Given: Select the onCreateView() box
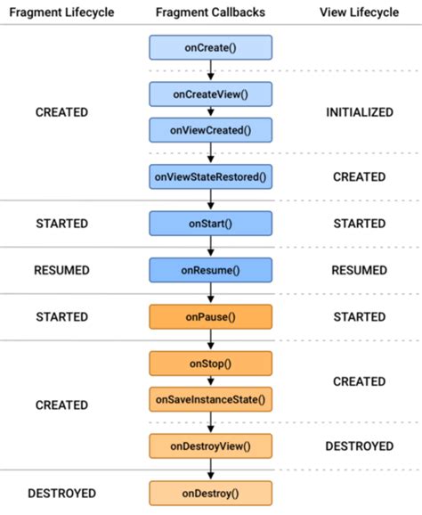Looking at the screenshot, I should coord(211,94).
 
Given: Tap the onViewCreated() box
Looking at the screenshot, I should coord(211,130).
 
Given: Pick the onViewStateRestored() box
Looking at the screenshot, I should coord(211,176).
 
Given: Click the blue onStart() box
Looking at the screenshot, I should coord(211,224).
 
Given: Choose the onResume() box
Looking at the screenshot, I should coord(211,270).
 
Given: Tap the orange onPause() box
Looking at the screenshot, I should coord(211,316).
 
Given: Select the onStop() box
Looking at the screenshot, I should coord(211,364).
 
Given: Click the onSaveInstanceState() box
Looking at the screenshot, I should coord(211,399).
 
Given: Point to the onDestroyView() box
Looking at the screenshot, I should coord(211,446).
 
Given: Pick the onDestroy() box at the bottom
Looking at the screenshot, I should coord(211,492).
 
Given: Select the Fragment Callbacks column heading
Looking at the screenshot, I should coord(211,12).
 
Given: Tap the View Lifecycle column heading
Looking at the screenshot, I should coord(359,12).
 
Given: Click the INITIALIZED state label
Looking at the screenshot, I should coord(359,113).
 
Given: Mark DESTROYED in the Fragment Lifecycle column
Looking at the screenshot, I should coord(61,493).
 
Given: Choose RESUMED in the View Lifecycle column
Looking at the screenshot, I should coord(359,270).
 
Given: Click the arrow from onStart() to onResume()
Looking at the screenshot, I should coord(211,247).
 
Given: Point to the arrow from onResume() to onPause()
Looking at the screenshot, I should coord(211,293).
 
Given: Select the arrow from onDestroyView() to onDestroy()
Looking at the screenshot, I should coord(211,469).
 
